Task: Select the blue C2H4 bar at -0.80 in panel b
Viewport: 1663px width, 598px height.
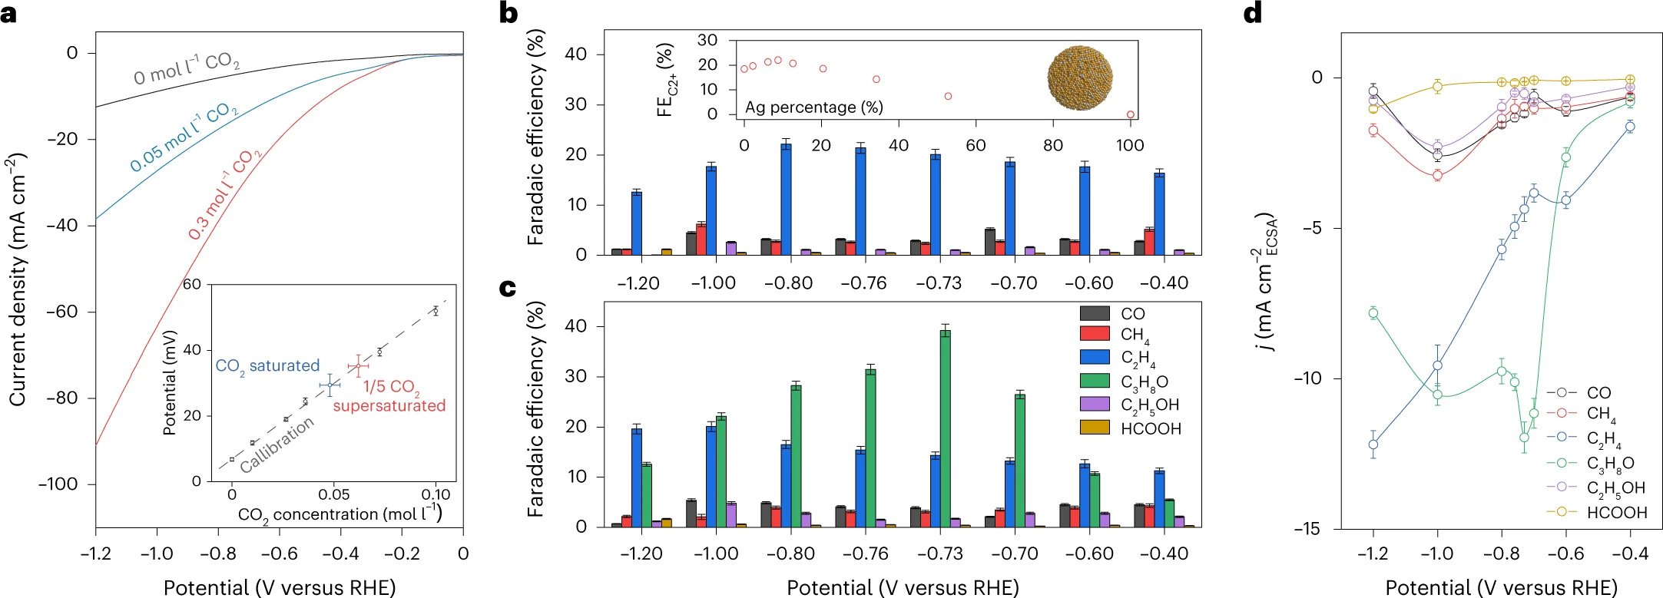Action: pyautogui.click(x=786, y=199)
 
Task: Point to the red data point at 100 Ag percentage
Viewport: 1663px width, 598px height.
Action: pyautogui.click(x=1130, y=114)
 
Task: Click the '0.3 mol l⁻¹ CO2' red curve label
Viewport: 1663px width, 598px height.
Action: pyautogui.click(x=225, y=195)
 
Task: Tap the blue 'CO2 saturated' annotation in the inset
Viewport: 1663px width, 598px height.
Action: pyautogui.click(x=267, y=366)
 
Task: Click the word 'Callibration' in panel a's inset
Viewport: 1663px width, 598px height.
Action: pyautogui.click(x=277, y=445)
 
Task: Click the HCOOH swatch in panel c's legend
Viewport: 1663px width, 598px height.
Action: pyautogui.click(x=1095, y=428)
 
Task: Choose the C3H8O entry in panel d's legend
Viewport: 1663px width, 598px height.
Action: pyautogui.click(x=1610, y=463)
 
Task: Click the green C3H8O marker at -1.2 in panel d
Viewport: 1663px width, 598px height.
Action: pyautogui.click(x=1373, y=312)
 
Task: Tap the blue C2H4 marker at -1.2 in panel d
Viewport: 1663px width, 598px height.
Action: pyautogui.click(x=1373, y=444)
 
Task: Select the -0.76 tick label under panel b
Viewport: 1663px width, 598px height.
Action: pyautogui.click(x=863, y=283)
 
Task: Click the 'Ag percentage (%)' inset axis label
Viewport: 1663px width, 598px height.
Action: pyautogui.click(x=813, y=107)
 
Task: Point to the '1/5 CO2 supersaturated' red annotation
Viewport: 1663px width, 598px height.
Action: pyautogui.click(x=389, y=396)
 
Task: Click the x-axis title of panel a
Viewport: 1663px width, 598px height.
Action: pyautogui.click(x=280, y=587)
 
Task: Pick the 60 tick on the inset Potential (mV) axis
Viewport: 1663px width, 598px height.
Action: pyautogui.click(x=191, y=285)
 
